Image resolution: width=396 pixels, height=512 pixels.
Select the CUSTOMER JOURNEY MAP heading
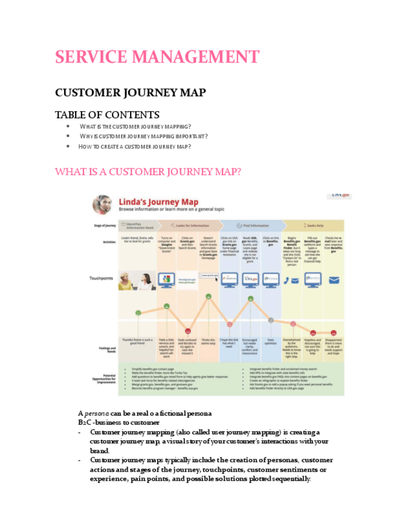(x=130, y=92)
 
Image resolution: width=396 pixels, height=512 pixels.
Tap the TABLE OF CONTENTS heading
(x=107, y=115)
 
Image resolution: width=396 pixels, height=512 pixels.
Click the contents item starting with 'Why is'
(x=144, y=136)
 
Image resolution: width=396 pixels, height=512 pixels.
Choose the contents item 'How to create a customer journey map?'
(x=135, y=146)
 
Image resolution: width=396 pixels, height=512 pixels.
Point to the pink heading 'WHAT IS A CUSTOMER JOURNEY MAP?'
(x=148, y=172)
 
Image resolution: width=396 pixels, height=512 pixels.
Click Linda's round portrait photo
(x=102, y=205)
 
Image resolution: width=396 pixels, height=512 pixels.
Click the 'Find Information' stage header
(x=255, y=225)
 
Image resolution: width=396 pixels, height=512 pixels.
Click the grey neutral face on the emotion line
(x=270, y=320)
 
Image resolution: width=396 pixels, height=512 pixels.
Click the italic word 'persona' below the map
(x=94, y=413)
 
